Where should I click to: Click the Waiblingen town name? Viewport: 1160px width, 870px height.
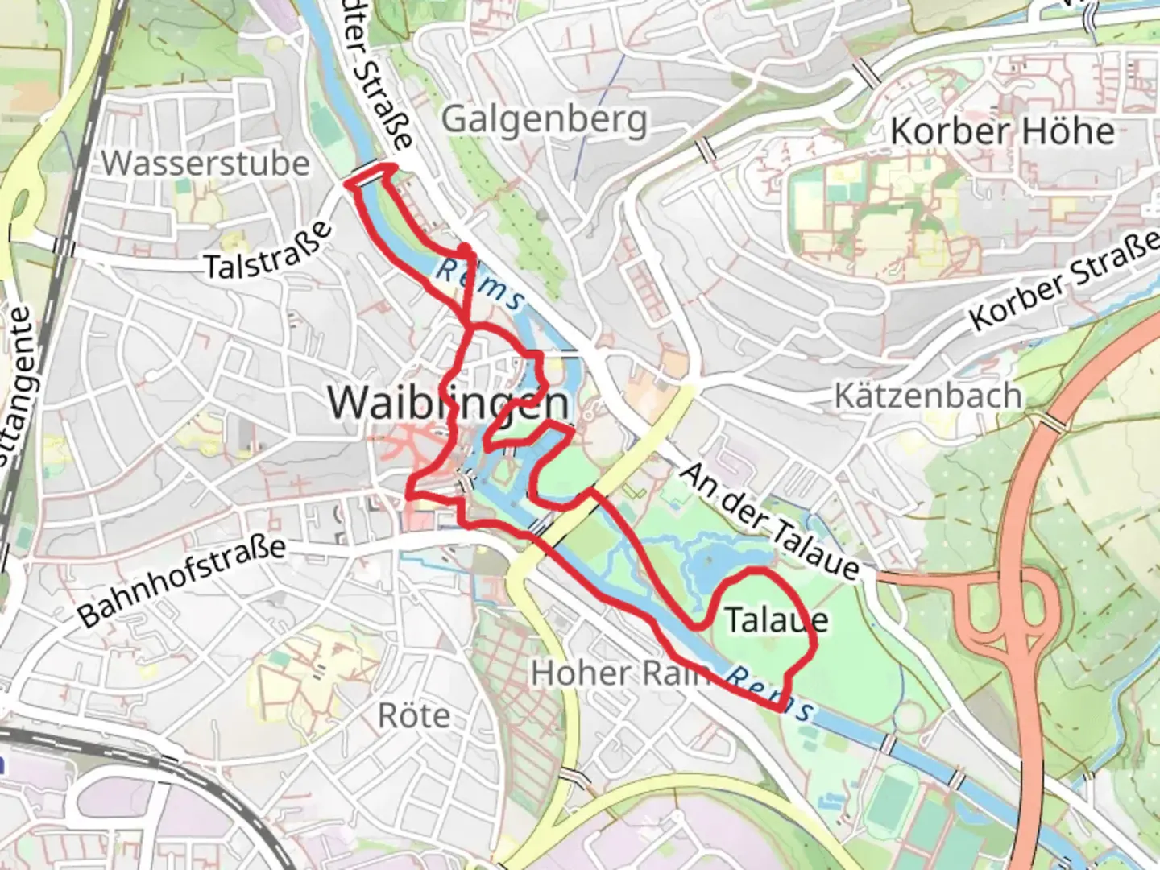[x=449, y=402]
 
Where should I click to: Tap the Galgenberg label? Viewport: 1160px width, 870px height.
[x=545, y=120]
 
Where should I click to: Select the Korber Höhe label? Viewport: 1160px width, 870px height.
[x=1002, y=131]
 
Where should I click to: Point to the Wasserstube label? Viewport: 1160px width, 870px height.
[x=205, y=164]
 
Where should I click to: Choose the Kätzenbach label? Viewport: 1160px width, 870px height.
[x=927, y=396]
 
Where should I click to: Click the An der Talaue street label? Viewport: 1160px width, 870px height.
[x=769, y=521]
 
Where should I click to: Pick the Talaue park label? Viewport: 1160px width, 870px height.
[x=776, y=619]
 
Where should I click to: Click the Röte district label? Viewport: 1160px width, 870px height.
[x=414, y=715]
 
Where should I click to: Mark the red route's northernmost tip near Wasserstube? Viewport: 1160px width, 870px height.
[x=387, y=167]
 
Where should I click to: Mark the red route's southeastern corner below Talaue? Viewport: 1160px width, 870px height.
[x=780, y=708]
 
